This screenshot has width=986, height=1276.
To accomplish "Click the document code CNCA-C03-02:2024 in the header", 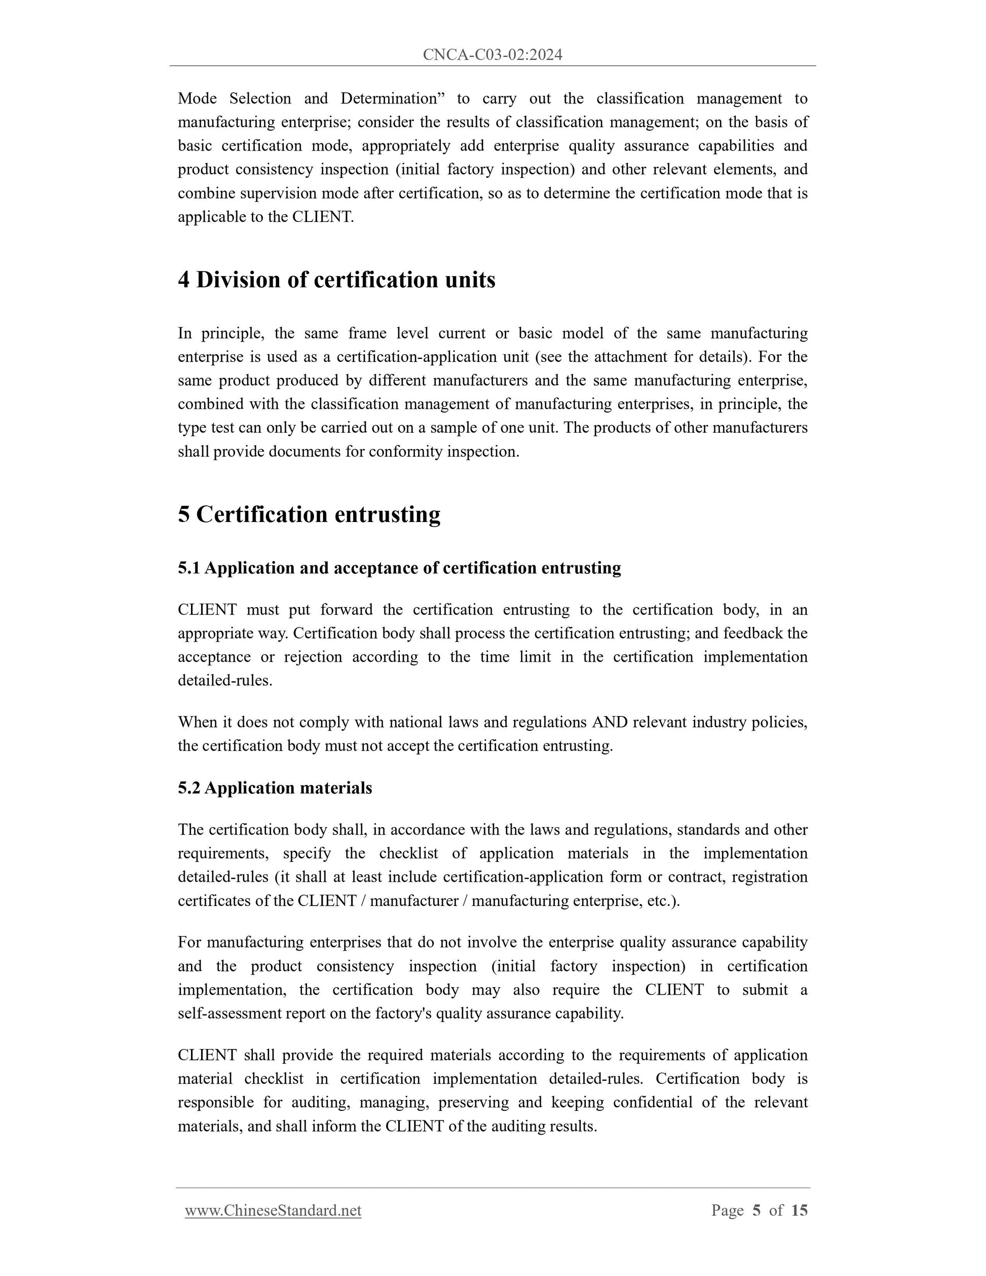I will [x=492, y=55].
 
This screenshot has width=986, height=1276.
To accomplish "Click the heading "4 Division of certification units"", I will [x=336, y=280].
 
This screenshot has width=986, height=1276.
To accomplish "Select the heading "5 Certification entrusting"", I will [x=309, y=515].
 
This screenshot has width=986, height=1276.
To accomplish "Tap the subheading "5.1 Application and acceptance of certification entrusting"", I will [x=399, y=568].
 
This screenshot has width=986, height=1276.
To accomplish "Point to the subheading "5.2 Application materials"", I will [x=275, y=788].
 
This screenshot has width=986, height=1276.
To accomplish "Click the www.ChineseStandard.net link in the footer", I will [x=273, y=1210].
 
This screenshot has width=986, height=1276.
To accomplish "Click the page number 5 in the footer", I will [x=756, y=1210].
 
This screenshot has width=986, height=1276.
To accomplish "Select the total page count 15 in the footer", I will [x=799, y=1210].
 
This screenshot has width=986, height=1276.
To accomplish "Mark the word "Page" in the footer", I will [x=727, y=1210].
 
